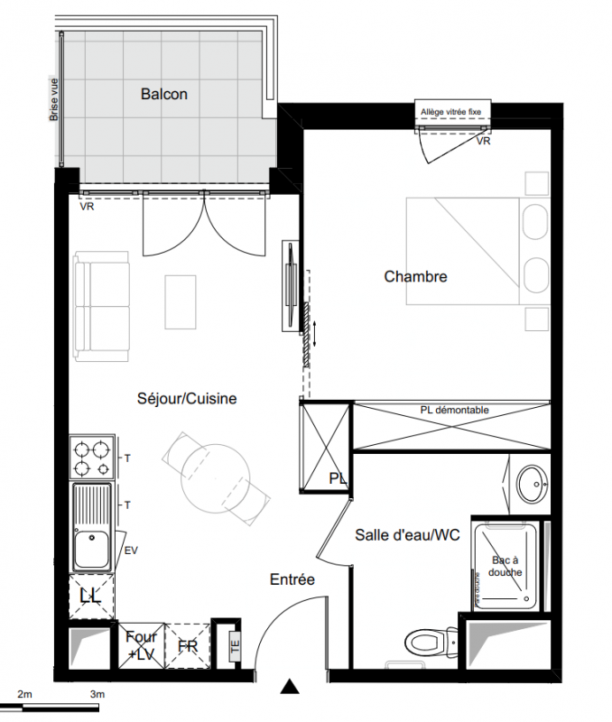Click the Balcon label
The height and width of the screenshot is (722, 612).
click(x=164, y=94)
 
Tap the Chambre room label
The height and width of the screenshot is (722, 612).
click(x=415, y=276)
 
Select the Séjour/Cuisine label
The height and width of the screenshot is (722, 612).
click(x=187, y=398)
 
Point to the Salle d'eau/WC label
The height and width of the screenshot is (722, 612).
click(x=407, y=534)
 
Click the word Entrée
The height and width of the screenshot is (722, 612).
click(x=292, y=579)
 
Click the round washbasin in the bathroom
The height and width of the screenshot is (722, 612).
click(x=533, y=484)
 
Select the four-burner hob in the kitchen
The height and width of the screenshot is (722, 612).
click(x=92, y=458)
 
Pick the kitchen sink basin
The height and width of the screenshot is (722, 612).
click(x=92, y=549)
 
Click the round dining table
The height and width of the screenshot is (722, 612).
click(x=216, y=478)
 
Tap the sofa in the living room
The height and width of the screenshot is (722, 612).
click(x=101, y=306)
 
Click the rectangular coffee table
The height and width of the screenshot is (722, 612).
click(x=181, y=302)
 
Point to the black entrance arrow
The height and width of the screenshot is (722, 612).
click(x=290, y=686)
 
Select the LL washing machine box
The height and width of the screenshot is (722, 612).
click(x=91, y=597)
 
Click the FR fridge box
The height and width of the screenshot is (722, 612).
click(x=188, y=645)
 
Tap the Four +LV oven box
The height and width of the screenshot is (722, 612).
click(x=142, y=645)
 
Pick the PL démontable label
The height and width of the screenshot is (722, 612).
click(x=454, y=410)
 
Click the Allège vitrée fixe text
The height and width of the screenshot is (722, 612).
click(x=450, y=112)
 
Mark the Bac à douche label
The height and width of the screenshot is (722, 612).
click(x=505, y=567)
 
